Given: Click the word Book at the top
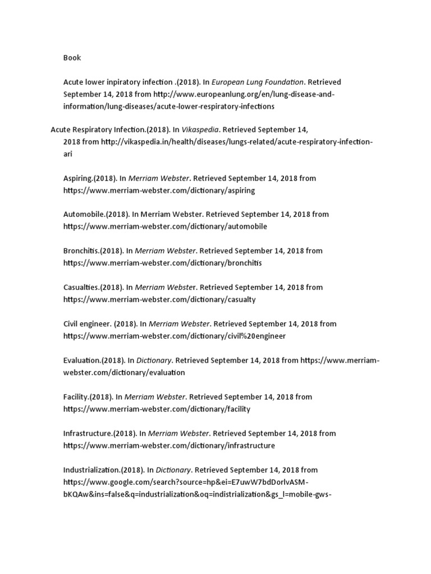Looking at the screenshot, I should pyautogui.click(x=72, y=57).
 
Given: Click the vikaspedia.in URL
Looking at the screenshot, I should pyautogui.click(x=236, y=142).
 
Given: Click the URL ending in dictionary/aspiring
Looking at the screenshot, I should pyautogui.click(x=159, y=191).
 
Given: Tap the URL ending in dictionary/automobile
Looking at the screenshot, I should pyautogui.click(x=165, y=227).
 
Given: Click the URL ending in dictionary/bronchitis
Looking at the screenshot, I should pyautogui.click(x=162, y=263).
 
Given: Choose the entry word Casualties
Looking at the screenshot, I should pyautogui.click(x=81, y=287).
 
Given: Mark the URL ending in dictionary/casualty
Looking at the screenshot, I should pyautogui.click(x=159, y=299).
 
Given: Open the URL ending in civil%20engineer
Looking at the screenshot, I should pyautogui.click(x=175, y=336).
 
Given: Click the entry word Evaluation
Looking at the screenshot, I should pyautogui.click(x=82, y=360).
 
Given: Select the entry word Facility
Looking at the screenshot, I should pyautogui.click(x=76, y=397).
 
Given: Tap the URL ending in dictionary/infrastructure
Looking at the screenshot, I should pyautogui.click(x=169, y=446).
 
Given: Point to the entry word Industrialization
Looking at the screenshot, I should pyautogui.click(x=91, y=470).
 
